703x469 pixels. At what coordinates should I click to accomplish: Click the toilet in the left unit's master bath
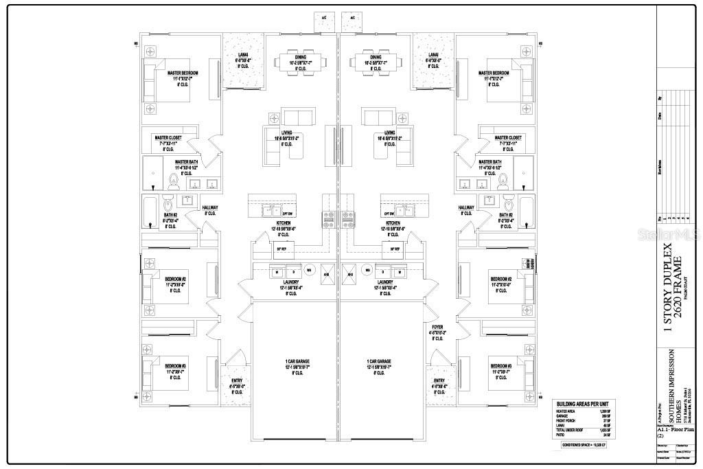pyautogui.click(x=173, y=181)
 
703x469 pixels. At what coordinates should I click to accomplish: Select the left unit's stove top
pyautogui.click(x=328, y=219)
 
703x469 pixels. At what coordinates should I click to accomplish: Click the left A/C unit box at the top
pyautogui.click(x=324, y=21)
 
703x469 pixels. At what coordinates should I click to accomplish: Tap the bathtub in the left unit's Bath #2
pyautogui.click(x=150, y=211)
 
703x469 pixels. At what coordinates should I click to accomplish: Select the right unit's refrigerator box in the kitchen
pyautogui.click(x=397, y=248)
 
